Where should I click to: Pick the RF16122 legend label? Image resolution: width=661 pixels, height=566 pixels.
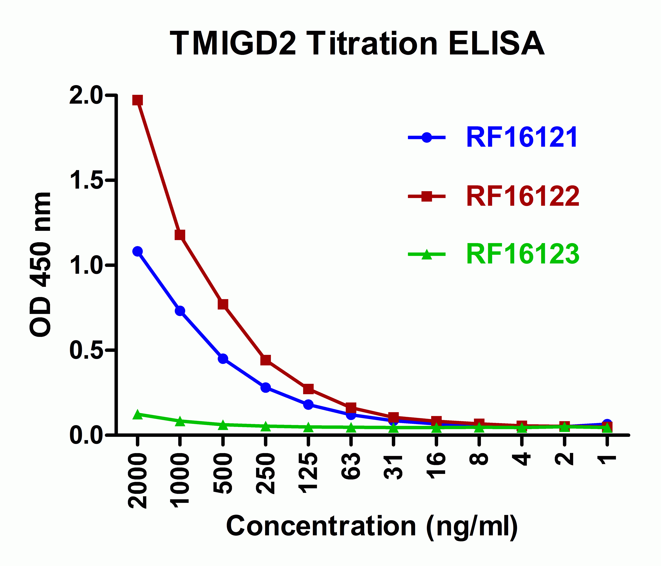[x=523, y=197]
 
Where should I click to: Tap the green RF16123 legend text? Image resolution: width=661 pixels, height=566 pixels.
[x=523, y=254]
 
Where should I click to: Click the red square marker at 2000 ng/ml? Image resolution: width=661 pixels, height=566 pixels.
[x=137, y=100]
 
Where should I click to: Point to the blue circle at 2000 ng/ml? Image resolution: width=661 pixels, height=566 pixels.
[x=137, y=251]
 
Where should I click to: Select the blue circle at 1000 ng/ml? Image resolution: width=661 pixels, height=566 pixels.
[x=180, y=311]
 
